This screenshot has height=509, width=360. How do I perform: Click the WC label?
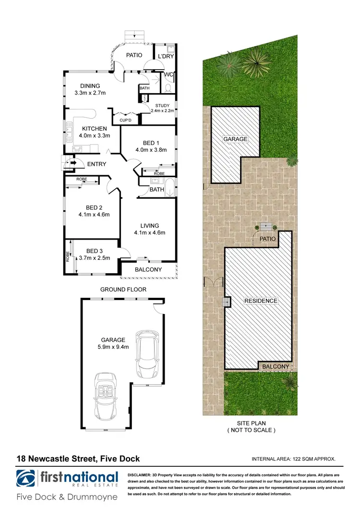point(168,74)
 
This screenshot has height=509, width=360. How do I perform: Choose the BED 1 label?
point(151,143)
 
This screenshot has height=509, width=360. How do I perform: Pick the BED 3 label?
point(96,251)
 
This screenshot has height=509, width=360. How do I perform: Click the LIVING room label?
point(150,226)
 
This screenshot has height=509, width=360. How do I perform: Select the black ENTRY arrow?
point(73,164)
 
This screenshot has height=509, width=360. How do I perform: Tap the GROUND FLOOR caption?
point(123,290)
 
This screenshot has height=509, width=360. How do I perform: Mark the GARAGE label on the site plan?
point(235,139)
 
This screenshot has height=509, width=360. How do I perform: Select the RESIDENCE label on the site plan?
point(261,301)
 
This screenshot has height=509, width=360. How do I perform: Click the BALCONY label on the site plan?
point(276,366)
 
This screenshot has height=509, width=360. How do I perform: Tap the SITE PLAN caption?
point(252,423)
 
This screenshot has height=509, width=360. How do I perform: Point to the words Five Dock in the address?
point(120,459)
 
